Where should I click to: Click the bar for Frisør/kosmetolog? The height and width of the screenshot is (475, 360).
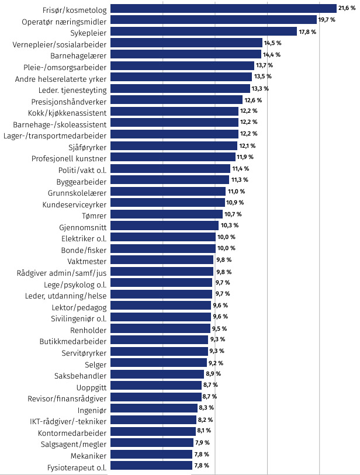click(x=223, y=9)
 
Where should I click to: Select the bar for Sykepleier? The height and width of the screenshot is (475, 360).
click(x=203, y=32)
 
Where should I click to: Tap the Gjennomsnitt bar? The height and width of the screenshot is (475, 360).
click(x=164, y=226)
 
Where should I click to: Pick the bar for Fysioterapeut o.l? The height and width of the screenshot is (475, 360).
click(x=151, y=449)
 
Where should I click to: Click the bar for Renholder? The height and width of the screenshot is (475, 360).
click(x=160, y=328)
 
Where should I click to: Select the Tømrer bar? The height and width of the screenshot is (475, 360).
click(x=165, y=214)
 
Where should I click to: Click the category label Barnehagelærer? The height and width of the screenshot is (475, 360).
click(x=77, y=54)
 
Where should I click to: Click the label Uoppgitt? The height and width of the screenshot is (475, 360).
click(x=92, y=386)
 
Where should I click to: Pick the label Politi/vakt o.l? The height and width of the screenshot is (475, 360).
click(x=82, y=169)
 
